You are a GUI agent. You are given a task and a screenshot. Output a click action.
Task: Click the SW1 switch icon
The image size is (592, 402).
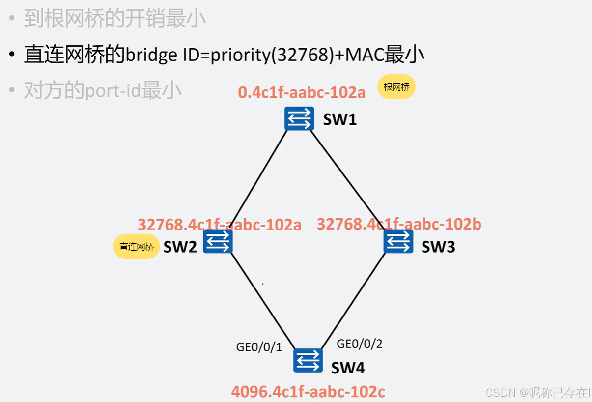point(299,118)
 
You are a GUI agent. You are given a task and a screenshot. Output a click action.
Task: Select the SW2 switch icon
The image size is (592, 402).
point(218,241)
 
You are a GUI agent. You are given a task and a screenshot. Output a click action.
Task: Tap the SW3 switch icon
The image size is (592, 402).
point(398,241)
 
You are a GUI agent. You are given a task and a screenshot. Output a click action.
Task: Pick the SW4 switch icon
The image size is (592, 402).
point(308,361)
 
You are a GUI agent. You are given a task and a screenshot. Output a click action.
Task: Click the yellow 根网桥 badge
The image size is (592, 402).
point(396,87)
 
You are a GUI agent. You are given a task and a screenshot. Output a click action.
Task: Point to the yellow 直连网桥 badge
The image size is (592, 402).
point(137,247)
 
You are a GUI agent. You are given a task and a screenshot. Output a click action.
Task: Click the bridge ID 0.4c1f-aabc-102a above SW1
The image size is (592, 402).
point(302,92)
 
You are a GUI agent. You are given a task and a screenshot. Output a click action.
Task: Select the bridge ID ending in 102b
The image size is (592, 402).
point(399,224)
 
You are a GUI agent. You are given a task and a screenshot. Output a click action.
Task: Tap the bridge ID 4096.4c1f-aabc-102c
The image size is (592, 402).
point(308,392)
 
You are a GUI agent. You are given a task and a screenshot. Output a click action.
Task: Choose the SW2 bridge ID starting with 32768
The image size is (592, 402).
point(219,225)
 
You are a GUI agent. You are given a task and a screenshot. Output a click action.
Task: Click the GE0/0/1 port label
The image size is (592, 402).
point(259,347)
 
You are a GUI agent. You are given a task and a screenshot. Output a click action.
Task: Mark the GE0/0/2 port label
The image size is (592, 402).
point(360,344)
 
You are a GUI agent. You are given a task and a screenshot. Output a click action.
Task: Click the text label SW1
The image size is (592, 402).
point(339,119)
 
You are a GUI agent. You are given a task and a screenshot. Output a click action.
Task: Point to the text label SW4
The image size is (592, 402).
point(348,368)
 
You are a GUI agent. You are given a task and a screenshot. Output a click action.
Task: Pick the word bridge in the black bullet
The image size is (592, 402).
point(151,55)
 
